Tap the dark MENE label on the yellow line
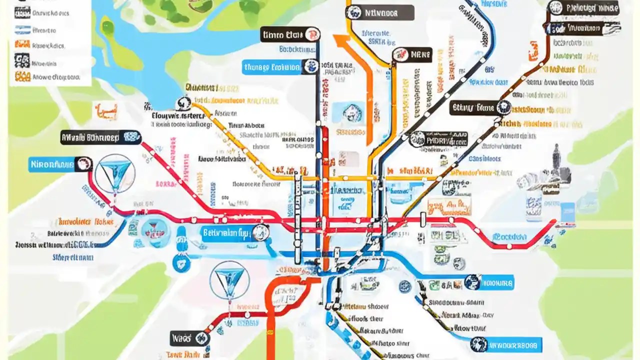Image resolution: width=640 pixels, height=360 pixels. pos(412,55)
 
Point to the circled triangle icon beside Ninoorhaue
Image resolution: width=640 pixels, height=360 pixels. pos(114,173)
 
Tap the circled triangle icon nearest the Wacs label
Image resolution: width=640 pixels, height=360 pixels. pos(229,279)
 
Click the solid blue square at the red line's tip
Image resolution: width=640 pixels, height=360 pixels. pos(567,211)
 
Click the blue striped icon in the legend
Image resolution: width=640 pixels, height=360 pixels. pos(22,29)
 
